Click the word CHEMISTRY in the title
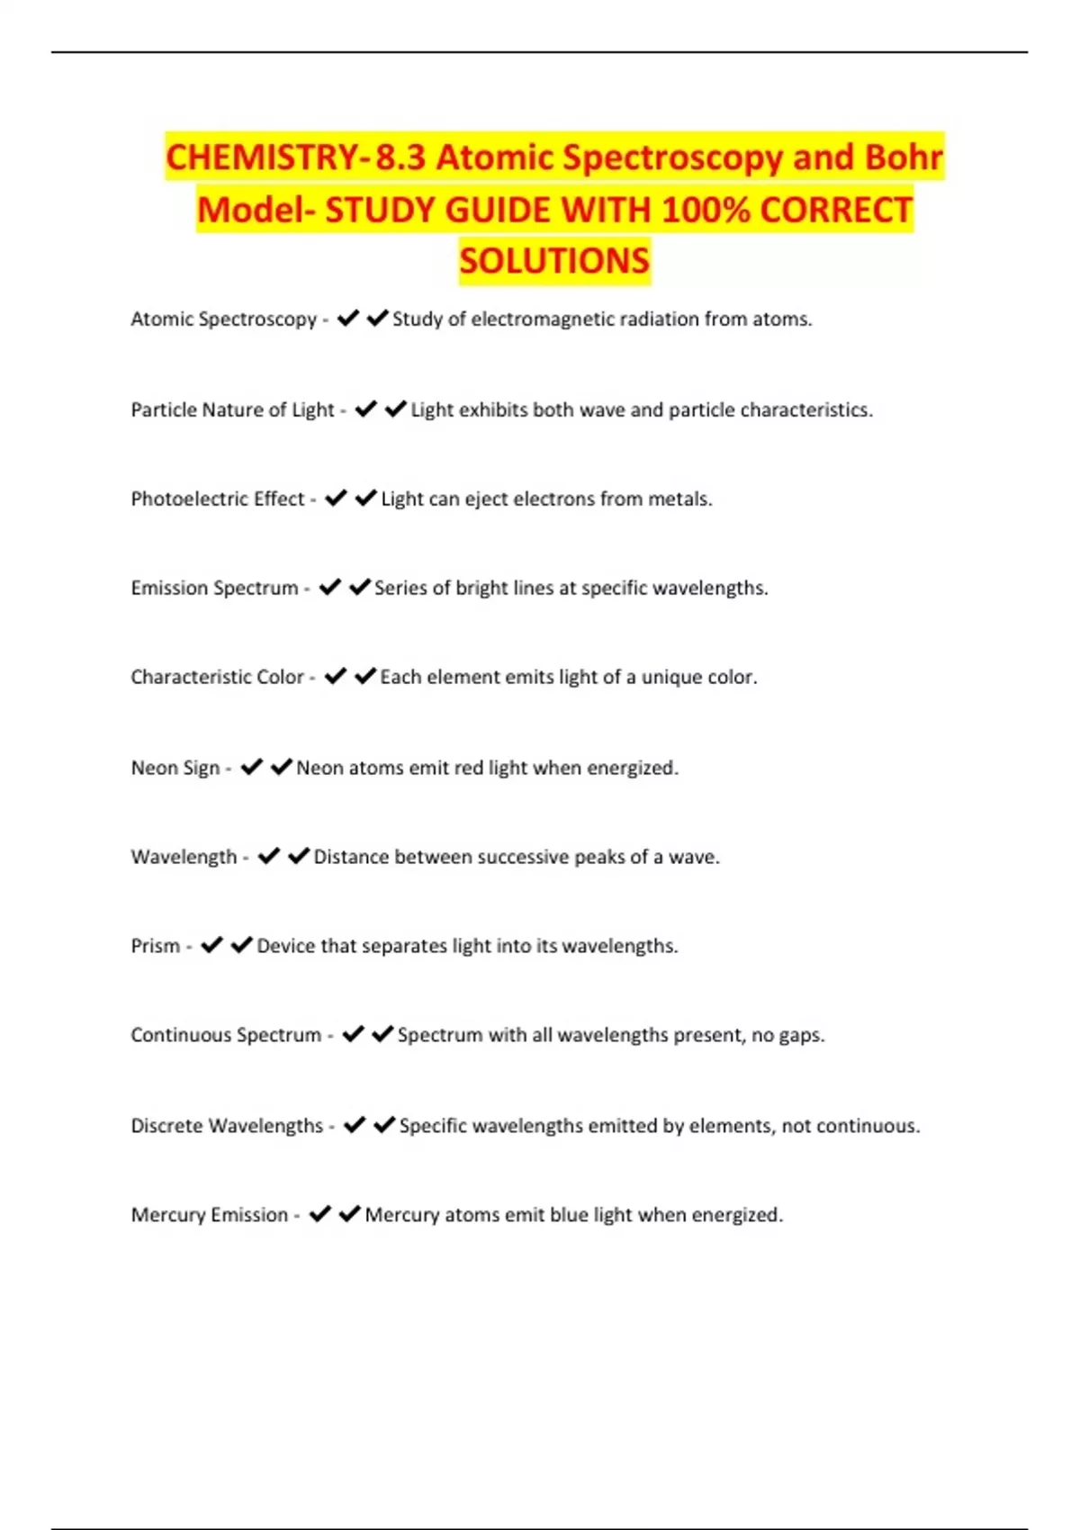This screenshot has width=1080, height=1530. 263,157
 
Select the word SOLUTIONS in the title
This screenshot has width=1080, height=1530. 554,261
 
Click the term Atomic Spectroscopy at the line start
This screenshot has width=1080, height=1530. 223,319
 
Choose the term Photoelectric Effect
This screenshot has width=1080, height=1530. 218,499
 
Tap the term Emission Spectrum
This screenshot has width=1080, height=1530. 214,589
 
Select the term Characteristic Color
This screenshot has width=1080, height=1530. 217,678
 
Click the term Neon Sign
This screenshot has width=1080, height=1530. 175,769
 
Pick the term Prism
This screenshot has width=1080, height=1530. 156,947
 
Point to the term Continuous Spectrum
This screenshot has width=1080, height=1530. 226,1036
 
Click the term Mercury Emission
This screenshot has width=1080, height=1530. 210,1216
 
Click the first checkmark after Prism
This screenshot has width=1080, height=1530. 211,946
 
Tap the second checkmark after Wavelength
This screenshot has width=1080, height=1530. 299,857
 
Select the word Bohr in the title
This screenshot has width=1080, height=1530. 903,157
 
